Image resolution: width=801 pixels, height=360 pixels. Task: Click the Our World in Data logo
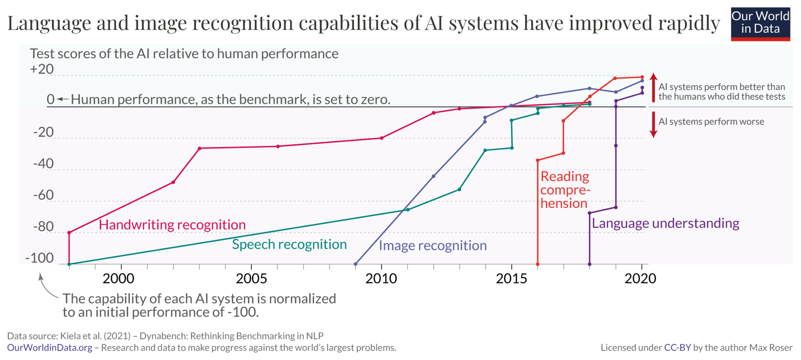coord(760,24)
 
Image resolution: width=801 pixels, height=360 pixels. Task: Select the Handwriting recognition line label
coord(172,225)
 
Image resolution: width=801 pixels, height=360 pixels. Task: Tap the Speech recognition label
coord(289,244)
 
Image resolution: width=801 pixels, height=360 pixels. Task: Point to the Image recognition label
coord(433,245)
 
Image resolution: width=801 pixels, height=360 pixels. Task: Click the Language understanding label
coord(665,223)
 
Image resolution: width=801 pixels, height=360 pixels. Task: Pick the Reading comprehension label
coord(565,190)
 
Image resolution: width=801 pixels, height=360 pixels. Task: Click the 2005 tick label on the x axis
coord(251,278)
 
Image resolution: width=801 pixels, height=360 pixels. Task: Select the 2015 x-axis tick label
coord(512,278)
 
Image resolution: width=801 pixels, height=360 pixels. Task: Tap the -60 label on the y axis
coord(43,195)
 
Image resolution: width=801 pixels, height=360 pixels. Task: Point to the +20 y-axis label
coord(42,69)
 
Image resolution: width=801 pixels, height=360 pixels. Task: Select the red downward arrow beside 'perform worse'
coord(653,125)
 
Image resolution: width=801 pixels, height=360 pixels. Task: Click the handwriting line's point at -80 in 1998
coord(69,233)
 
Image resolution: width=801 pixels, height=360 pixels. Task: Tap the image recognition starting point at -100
coord(356,264)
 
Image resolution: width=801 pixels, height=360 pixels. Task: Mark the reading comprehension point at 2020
coord(642,77)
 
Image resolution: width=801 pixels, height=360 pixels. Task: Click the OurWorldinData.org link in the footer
coord(50,347)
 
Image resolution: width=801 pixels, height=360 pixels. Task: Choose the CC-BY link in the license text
coord(677,347)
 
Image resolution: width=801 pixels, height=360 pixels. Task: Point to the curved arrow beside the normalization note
coord(46,287)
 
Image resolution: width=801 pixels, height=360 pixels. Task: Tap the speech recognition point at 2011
coord(408,210)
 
